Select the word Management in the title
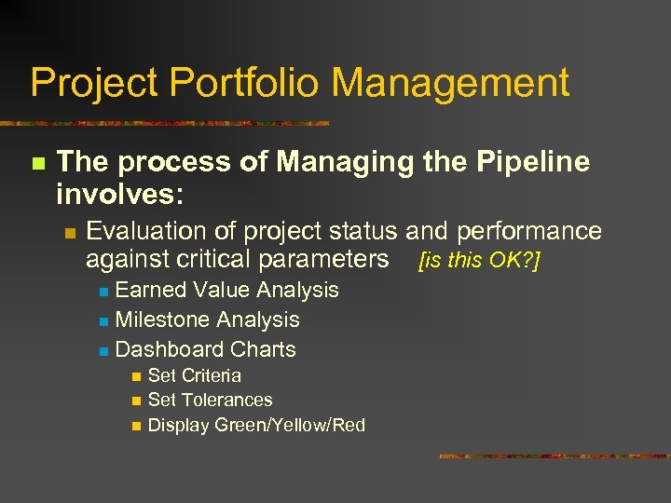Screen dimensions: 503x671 (x=450, y=83)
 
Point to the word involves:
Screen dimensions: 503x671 (x=120, y=195)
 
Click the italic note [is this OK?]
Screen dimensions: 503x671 (x=480, y=260)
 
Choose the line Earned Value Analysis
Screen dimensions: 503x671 (x=226, y=290)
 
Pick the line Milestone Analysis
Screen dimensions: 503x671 (x=207, y=319)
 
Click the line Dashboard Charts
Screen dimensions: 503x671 (x=205, y=349)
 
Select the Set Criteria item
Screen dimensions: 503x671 (x=194, y=375)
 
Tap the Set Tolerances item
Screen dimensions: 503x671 (x=210, y=400)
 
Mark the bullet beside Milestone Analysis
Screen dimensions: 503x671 (x=103, y=320)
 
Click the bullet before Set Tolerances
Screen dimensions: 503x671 (x=136, y=401)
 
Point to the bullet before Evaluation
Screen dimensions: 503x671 (x=69, y=232)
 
